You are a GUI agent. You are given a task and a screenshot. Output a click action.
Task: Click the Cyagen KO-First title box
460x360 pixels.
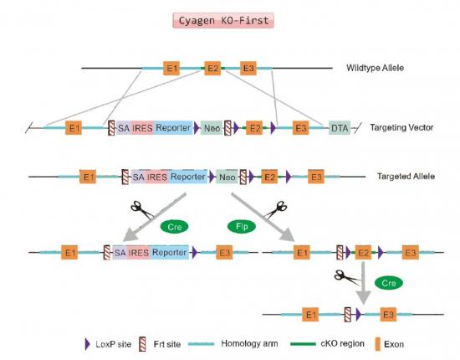(223, 21)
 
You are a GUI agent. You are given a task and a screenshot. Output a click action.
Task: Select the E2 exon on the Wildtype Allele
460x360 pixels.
(212, 68)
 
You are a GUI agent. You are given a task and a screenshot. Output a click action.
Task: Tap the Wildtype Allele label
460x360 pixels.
(375, 68)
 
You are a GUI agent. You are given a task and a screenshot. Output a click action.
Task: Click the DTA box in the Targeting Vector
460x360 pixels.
(340, 128)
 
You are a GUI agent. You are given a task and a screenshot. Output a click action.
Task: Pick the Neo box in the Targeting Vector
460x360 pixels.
(212, 128)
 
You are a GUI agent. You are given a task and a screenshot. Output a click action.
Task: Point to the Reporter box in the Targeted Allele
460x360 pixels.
(187, 177)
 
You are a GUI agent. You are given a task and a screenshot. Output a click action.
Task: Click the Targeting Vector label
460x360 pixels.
(401, 127)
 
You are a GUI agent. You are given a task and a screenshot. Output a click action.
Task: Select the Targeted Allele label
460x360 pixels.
(406, 176)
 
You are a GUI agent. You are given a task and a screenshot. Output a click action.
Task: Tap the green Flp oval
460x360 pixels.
(242, 226)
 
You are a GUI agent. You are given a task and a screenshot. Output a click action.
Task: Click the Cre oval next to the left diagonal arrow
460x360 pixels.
(175, 227)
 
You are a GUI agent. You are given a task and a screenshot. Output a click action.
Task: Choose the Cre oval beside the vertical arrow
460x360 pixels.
(389, 283)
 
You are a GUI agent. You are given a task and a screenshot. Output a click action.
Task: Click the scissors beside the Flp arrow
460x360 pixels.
(275, 209)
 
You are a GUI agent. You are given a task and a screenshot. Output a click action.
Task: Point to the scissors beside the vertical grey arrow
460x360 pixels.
(347, 277)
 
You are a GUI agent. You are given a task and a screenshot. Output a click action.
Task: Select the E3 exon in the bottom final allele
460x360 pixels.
(388, 315)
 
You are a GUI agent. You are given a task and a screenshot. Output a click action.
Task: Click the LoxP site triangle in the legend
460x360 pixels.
(87, 344)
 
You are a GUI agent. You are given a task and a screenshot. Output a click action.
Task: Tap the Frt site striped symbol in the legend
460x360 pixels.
(142, 344)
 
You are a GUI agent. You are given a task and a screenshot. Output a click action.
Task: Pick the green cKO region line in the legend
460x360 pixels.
(303, 344)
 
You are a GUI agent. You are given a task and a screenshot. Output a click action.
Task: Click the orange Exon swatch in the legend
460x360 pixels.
(378, 344)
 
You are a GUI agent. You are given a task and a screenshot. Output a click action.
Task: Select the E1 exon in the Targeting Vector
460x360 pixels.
(74, 128)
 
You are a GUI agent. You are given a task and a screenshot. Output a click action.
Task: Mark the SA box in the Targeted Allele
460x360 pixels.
(138, 177)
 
